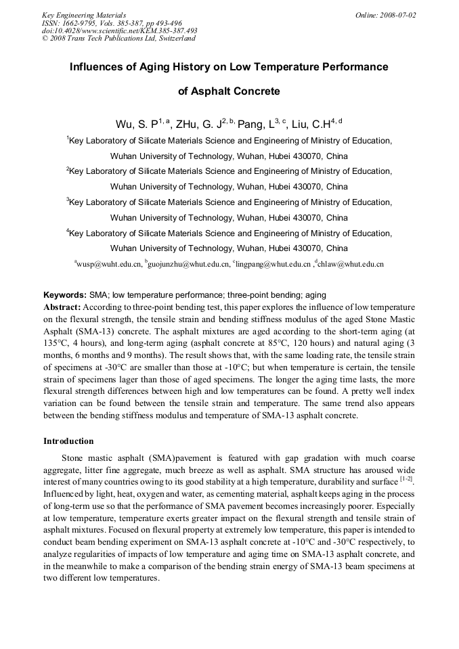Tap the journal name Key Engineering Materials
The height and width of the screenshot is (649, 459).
pos(84,15)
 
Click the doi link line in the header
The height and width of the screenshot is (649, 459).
pos(119,30)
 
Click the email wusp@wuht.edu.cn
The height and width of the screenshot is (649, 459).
pos(109,264)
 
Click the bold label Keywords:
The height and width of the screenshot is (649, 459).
pos(64,295)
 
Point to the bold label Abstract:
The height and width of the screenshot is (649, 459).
pos(62,307)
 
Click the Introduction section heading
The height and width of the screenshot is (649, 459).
pos(68,441)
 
